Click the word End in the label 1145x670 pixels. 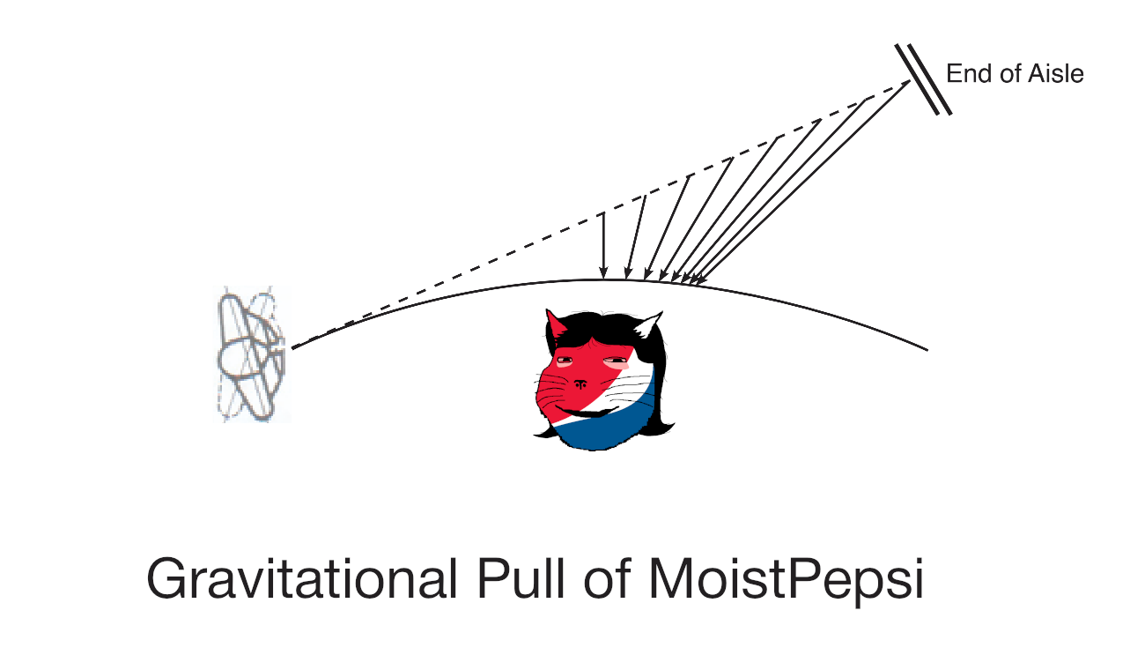tap(965, 74)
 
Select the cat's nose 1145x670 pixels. tap(580, 383)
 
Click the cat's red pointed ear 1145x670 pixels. tap(555, 326)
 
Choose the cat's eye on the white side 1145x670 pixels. tap(614, 361)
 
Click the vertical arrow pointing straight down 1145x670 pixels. tap(603, 245)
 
